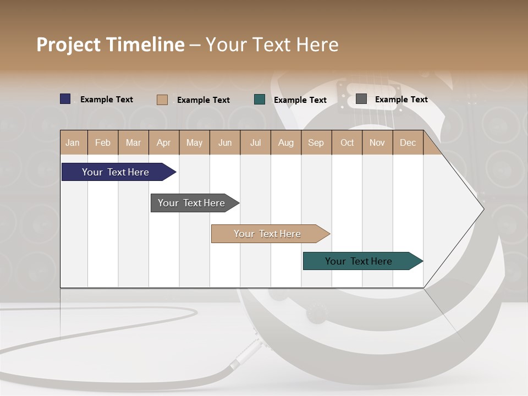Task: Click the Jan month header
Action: click(x=73, y=142)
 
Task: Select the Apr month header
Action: click(x=163, y=142)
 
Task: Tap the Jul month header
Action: click(x=255, y=142)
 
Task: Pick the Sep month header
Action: click(x=316, y=142)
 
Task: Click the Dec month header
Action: click(x=408, y=142)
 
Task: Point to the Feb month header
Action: click(x=103, y=142)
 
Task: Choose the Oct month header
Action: click(x=347, y=142)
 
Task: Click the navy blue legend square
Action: click(x=65, y=99)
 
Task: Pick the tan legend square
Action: click(x=162, y=100)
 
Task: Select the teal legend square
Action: click(x=260, y=100)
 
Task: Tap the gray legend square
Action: click(x=361, y=99)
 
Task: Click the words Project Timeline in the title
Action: click(x=111, y=45)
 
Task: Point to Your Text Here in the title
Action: click(x=272, y=45)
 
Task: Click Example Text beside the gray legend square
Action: click(x=401, y=100)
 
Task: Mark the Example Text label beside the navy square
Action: click(x=107, y=100)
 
